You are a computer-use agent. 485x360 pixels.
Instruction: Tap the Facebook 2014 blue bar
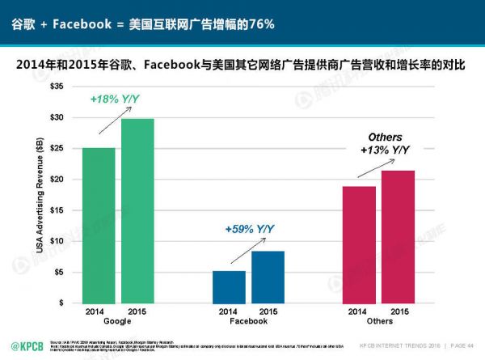point(229,286)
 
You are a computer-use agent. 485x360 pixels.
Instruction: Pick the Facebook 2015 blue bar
point(268,277)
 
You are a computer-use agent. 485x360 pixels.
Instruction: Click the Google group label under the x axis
point(118,320)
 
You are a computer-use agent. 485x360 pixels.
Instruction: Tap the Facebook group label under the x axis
point(248,320)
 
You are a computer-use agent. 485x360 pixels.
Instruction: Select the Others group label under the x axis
point(378,320)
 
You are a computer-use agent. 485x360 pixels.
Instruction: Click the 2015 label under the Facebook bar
point(268,311)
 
